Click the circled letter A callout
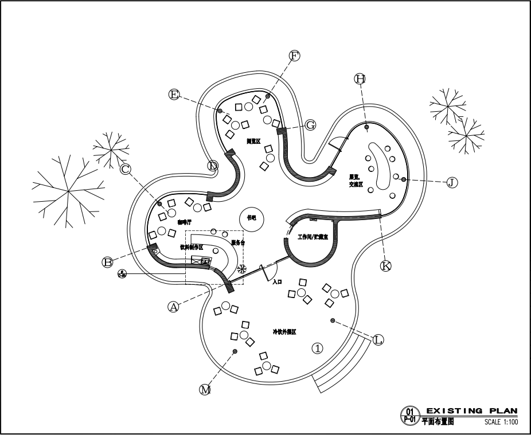[x=173, y=307]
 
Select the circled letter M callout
[x=205, y=390]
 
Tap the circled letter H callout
[x=360, y=79]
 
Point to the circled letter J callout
[x=452, y=182]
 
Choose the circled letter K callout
[x=386, y=265]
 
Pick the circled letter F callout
[x=294, y=56]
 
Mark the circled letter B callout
[x=108, y=262]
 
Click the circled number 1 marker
[x=317, y=348]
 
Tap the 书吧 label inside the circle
[x=252, y=218]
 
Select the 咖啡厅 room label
[x=184, y=222]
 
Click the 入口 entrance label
[x=278, y=282]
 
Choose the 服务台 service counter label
[x=238, y=243]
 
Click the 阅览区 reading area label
[x=253, y=141]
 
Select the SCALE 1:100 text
[x=501, y=422]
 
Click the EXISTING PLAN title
[x=471, y=410]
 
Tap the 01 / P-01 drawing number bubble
[x=409, y=415]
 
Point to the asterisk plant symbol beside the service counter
[x=241, y=268]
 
